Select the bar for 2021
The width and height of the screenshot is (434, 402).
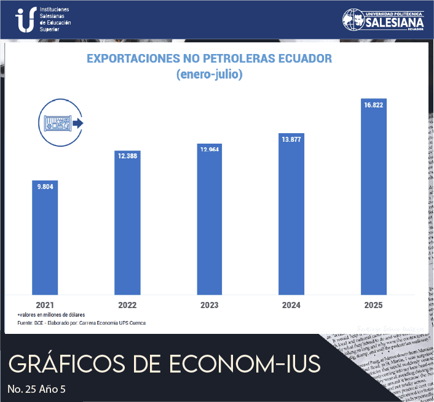tap(44, 237)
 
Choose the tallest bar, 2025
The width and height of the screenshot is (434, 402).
tap(374, 196)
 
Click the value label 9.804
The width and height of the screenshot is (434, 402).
tap(44, 187)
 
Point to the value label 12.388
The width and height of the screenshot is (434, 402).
tap(128, 156)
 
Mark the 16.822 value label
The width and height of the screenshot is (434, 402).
tap(374, 106)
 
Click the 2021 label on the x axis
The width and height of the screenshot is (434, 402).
tap(44, 304)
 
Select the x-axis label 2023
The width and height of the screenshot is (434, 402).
tap(210, 304)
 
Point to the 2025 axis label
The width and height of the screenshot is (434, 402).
tap(374, 304)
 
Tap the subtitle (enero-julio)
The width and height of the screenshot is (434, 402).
tap(209, 75)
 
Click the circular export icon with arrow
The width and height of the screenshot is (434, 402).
tap(60, 123)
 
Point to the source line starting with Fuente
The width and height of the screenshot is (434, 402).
tap(82, 323)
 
